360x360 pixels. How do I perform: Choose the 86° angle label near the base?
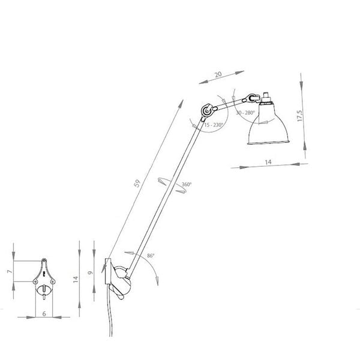click(x=149, y=256)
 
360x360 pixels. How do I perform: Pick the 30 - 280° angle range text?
click(x=245, y=112)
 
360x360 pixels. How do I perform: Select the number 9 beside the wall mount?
click(x=91, y=272)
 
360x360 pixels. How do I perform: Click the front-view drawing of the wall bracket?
click(x=44, y=280)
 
